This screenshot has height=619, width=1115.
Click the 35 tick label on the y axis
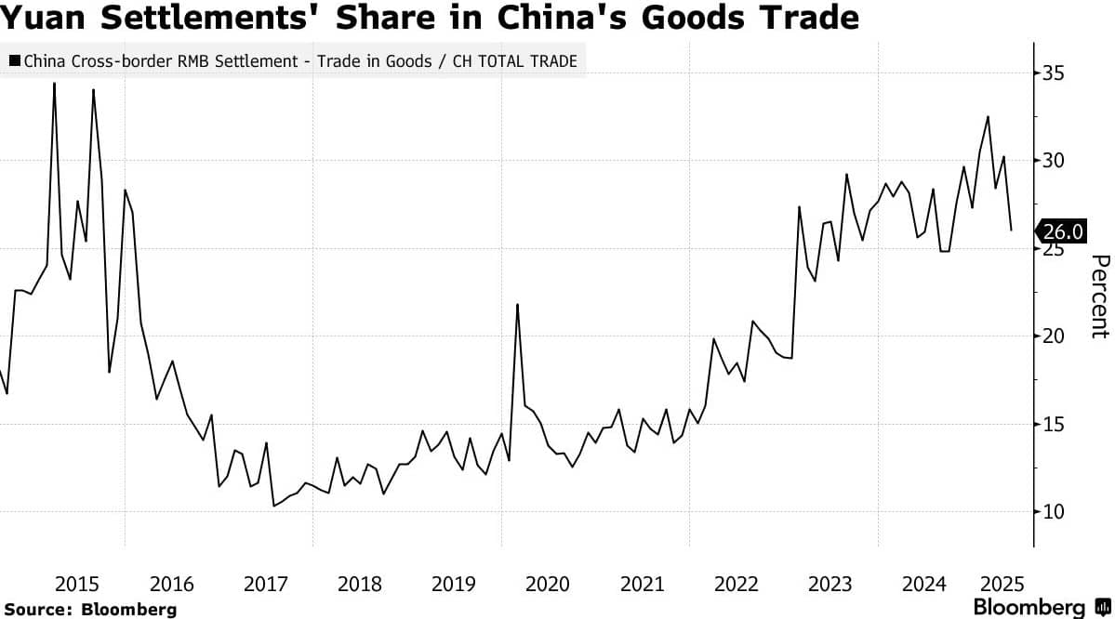pos(1054,73)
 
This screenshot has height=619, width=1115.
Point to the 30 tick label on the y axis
pos(1054,161)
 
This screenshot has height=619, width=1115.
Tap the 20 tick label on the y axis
pos(1054,336)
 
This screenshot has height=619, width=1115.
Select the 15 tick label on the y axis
pos(1054,424)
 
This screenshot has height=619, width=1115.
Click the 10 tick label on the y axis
pos(1054,512)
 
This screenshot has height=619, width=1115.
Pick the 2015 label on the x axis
pos(77,585)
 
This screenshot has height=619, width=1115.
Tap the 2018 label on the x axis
pos(359,585)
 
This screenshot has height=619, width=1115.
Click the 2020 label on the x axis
pos(548,585)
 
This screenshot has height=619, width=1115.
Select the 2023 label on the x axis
pos(830,585)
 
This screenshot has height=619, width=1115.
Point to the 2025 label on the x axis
pos(1002,585)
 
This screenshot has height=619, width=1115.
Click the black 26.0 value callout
pos(1061,231)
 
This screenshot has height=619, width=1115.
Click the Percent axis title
pos(1099,296)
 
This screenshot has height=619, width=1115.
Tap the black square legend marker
pos(14,61)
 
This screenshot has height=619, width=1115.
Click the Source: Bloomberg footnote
pos(90,609)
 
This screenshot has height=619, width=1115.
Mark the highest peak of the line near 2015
pos(54,84)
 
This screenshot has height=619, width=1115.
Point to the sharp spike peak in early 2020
pos(517,305)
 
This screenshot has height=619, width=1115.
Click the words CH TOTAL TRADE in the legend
pos(515,61)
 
